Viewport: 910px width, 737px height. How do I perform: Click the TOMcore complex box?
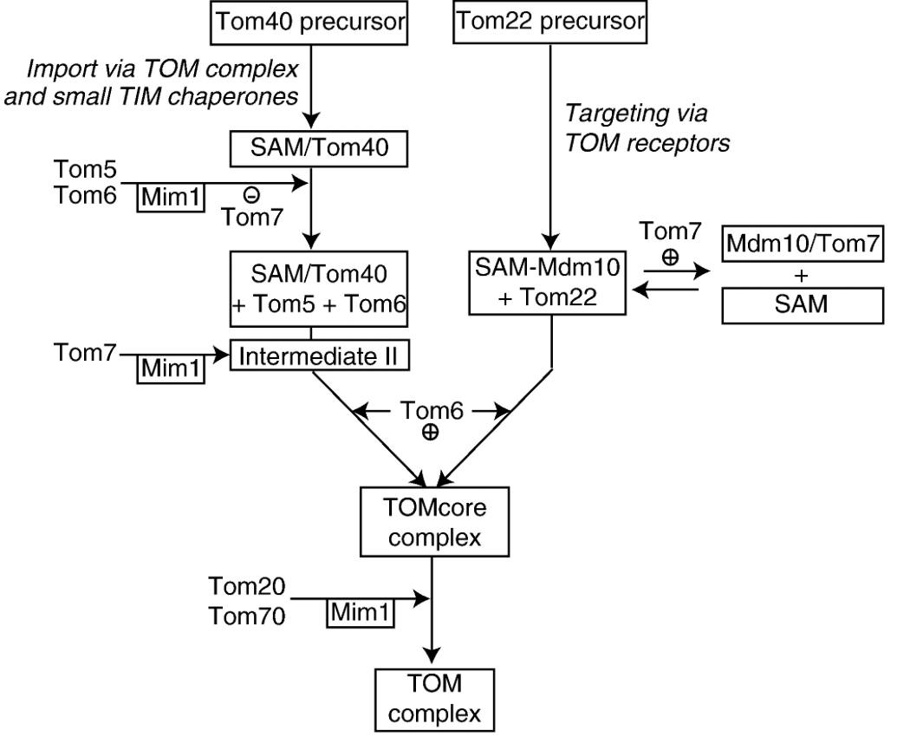[431, 521]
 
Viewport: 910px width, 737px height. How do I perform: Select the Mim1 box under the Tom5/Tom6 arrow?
[171, 199]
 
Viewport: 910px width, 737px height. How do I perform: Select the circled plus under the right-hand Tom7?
[668, 258]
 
